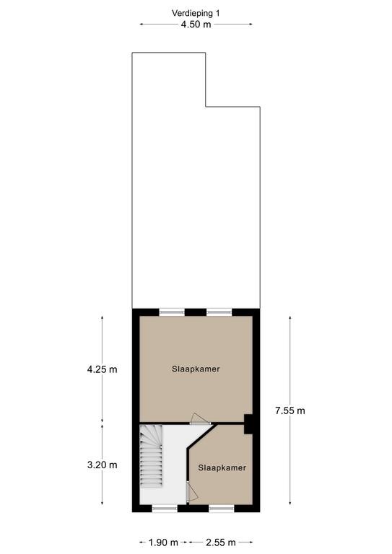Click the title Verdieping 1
pyautogui.click(x=196, y=14)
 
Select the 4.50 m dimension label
pyautogui.click(x=196, y=25)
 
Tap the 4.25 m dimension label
pyautogui.click(x=103, y=369)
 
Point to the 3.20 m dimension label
pyautogui.click(x=103, y=465)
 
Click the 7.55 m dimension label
pyautogui.click(x=290, y=410)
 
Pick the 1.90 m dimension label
pyautogui.click(x=163, y=542)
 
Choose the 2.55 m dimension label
pyautogui.click(x=221, y=542)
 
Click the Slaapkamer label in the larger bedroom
pyautogui.click(x=196, y=369)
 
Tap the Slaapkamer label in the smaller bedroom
pyautogui.click(x=222, y=467)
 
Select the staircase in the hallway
pyautogui.click(x=152, y=456)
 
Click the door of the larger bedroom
pyautogui.click(x=200, y=419)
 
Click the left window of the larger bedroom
pyautogui.click(x=172, y=312)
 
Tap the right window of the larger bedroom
pyautogui.click(x=219, y=312)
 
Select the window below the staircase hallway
pyautogui.click(x=165, y=509)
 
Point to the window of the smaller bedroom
pyautogui.click(x=222, y=509)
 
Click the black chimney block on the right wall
pyautogui.click(x=248, y=424)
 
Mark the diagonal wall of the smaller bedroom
pyautogui.click(x=201, y=436)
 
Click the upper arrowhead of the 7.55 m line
pyautogui.click(x=290, y=317)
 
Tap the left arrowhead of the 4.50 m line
pyautogui.click(x=141, y=25)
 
